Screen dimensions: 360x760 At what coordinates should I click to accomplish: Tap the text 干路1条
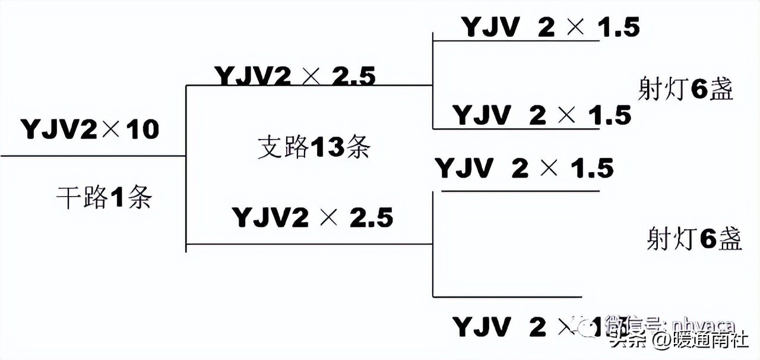pos(104,198)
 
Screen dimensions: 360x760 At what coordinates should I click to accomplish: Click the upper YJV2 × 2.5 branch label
pos(295,76)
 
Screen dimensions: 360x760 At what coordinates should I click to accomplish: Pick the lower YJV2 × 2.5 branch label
pos(312,217)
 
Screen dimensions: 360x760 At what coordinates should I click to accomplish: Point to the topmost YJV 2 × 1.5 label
pos(550,27)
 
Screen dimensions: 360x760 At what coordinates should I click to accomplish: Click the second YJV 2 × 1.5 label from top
pos(541,115)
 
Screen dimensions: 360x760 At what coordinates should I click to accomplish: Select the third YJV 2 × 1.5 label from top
pos(524,168)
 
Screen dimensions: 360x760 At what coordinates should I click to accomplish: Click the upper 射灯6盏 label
pos(686,90)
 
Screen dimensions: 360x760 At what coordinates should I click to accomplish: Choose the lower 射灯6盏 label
pos(694,239)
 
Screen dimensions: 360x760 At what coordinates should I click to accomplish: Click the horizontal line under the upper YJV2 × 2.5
pos(309,86)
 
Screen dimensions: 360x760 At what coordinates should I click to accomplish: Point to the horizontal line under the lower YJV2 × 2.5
pos(309,244)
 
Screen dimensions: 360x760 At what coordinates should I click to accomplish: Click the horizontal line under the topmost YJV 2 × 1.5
pos(517,41)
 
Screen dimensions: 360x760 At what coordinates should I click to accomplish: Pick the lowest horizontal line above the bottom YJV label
pos(508,296)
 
